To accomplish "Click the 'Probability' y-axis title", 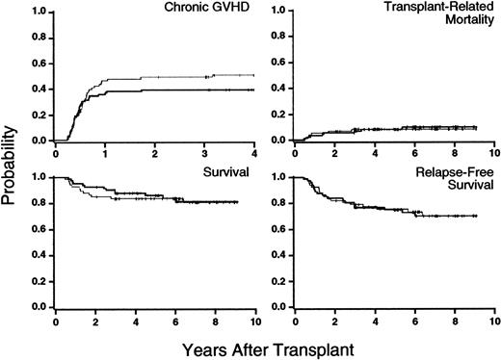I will click(x=12, y=161).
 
